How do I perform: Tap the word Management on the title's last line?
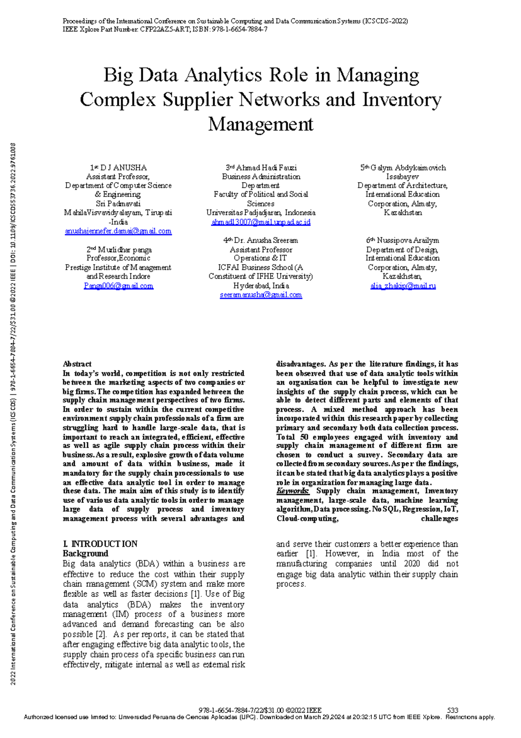tap(260, 124)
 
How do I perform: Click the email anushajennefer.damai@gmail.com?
tap(118, 231)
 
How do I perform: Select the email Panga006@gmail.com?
tap(119, 286)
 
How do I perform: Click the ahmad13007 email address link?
tap(260, 222)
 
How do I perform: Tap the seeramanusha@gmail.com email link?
tap(260, 295)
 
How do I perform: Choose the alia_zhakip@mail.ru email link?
tap(402, 286)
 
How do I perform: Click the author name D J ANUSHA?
tap(123, 168)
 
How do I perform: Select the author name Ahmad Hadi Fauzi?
tap(266, 168)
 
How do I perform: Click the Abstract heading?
tap(77, 364)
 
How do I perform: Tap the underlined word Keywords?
tap(293, 491)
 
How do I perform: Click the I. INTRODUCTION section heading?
tap(100, 544)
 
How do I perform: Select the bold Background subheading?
tap(85, 553)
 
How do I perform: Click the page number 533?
tap(452, 710)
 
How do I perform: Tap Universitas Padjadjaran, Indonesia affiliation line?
tap(260, 213)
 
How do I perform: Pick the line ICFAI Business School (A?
tap(260, 267)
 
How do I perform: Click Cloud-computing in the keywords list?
tap(307, 519)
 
